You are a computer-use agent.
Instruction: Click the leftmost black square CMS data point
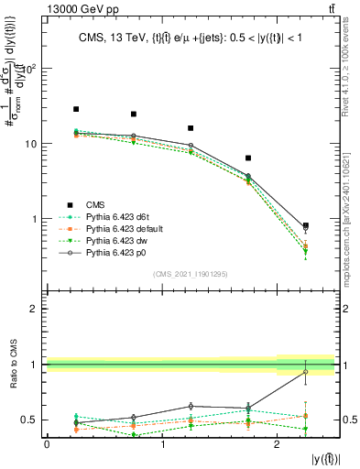(x=76, y=109)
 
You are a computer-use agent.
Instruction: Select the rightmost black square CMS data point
(x=305, y=225)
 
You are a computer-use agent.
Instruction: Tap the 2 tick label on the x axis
(x=277, y=444)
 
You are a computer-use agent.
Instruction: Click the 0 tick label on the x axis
(x=47, y=444)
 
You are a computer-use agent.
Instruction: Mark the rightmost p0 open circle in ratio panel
(x=305, y=371)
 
